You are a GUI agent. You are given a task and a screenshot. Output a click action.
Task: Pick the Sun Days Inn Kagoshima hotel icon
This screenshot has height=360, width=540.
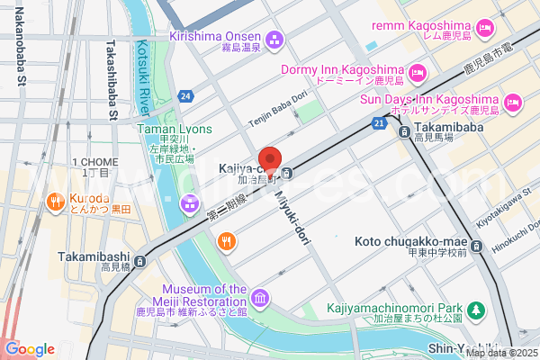(511, 103)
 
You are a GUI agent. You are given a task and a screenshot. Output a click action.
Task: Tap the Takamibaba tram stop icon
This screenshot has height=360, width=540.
(405, 131)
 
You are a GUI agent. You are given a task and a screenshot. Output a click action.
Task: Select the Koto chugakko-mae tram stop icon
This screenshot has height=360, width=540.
(477, 244)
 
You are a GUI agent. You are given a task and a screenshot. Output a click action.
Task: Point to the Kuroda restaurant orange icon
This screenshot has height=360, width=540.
(54, 202)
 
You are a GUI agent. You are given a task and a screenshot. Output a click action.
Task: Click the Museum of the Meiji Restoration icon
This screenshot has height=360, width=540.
(260, 297)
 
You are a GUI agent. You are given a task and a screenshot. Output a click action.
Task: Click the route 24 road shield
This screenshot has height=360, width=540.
(185, 94)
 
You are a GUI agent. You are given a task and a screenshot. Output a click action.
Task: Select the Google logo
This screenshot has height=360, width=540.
(30, 349)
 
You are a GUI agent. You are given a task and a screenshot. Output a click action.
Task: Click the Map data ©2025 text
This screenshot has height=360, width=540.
(500, 353)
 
